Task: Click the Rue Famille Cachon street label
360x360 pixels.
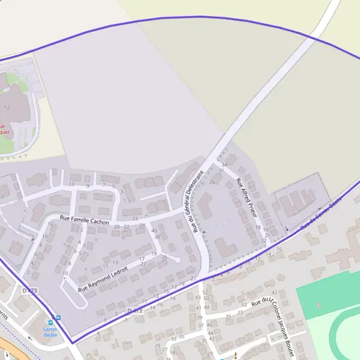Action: pyautogui.click(x=83, y=220)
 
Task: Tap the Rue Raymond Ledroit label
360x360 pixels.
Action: pyautogui.click(x=104, y=279)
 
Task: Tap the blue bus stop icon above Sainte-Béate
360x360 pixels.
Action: pyautogui.click(x=56, y=317)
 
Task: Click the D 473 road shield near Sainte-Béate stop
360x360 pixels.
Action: pyautogui.click(x=29, y=290)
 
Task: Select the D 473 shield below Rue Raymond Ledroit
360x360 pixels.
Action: pyautogui.click(x=134, y=311)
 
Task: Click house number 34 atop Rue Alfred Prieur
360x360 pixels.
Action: pyautogui.click(x=224, y=164)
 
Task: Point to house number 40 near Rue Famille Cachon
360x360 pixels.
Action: pyautogui.click(x=154, y=230)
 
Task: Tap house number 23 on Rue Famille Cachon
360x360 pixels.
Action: pyautogui.click(x=135, y=219)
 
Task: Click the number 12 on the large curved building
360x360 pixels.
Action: pyautogui.click(x=7, y=107)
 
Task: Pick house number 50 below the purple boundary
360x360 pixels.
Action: pyautogui.click(x=206, y=298)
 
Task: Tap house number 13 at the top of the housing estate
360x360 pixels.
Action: pyautogui.click(x=71, y=184)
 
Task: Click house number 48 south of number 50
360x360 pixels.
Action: pyautogui.click(x=206, y=307)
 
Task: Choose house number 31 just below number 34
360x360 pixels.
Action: pyautogui.click(x=221, y=170)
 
